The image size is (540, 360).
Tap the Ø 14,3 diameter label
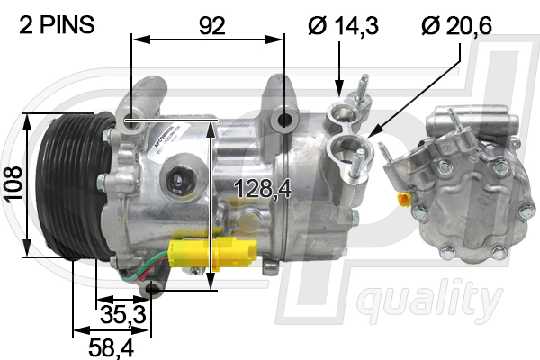coord(343,25)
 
